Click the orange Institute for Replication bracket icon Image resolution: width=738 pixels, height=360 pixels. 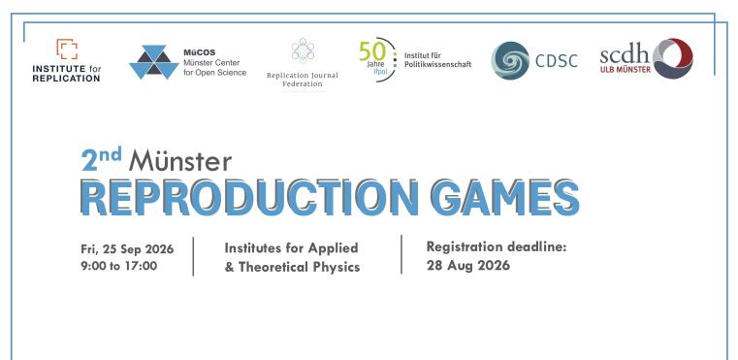[x=67, y=49]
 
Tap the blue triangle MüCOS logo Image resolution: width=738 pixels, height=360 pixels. [x=154, y=62]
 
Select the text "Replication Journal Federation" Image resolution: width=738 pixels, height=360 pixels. [x=303, y=80]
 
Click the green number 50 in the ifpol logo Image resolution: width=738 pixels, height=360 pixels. [x=371, y=50]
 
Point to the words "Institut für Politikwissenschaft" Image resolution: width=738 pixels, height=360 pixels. [x=437, y=60]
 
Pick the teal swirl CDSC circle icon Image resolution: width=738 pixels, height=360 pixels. [x=510, y=61]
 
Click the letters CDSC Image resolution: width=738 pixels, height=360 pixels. [x=557, y=61]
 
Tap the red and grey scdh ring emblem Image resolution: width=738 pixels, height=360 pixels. [x=673, y=58]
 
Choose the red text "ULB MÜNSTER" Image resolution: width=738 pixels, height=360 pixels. [x=626, y=70]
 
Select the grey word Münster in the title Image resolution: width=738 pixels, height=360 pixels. [x=180, y=160]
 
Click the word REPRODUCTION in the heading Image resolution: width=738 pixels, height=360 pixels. [x=249, y=197]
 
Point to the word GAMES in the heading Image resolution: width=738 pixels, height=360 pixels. [x=505, y=197]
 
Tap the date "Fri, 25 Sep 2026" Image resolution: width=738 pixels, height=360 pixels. [x=127, y=248]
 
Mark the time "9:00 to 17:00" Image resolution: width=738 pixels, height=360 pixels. [x=118, y=266]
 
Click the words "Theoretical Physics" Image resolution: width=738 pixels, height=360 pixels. [x=300, y=267]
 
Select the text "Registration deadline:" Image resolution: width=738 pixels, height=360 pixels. [x=497, y=246]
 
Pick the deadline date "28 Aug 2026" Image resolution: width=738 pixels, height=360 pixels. [x=468, y=265]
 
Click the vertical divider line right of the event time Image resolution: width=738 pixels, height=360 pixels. [x=193, y=256]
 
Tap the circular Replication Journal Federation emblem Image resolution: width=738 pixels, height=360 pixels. [x=303, y=50]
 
